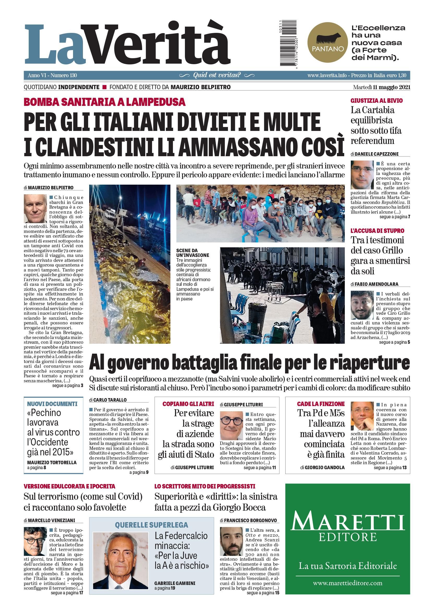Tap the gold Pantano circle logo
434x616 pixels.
click(x=328, y=43)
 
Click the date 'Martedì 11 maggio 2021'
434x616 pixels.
click(x=381, y=87)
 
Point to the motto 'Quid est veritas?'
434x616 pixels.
click(x=217, y=75)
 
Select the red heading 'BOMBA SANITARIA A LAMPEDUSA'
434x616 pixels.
click(x=105, y=102)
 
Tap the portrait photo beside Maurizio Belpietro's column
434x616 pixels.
click(x=35, y=209)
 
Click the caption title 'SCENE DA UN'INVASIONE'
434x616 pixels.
click(x=192, y=253)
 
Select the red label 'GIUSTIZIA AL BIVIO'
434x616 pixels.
click(x=377, y=101)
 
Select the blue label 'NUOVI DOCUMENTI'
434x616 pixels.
click(x=52, y=404)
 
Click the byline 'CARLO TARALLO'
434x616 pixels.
click(x=110, y=400)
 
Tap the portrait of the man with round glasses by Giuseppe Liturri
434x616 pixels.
click(x=232, y=426)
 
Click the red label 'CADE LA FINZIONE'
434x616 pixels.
click(x=321, y=404)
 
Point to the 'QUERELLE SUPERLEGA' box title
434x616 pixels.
click(x=152, y=525)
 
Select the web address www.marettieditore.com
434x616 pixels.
click(x=348, y=583)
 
